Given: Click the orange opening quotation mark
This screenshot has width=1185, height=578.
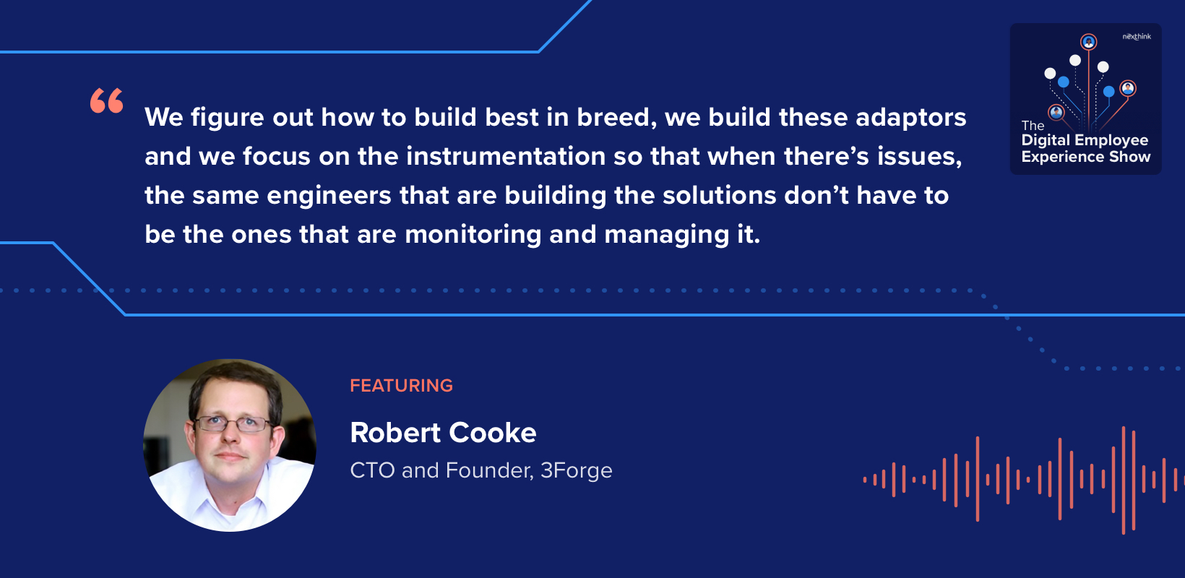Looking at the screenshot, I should click(x=107, y=100).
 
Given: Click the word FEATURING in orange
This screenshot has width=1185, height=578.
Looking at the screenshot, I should click(x=401, y=386).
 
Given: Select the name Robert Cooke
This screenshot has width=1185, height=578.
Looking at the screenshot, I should click(x=443, y=433).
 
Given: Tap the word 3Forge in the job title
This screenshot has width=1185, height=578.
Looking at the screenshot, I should click(x=576, y=470).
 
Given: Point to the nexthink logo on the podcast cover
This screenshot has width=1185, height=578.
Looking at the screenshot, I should click(x=1137, y=36).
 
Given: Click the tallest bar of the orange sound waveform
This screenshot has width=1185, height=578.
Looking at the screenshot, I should click(x=1124, y=480).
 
